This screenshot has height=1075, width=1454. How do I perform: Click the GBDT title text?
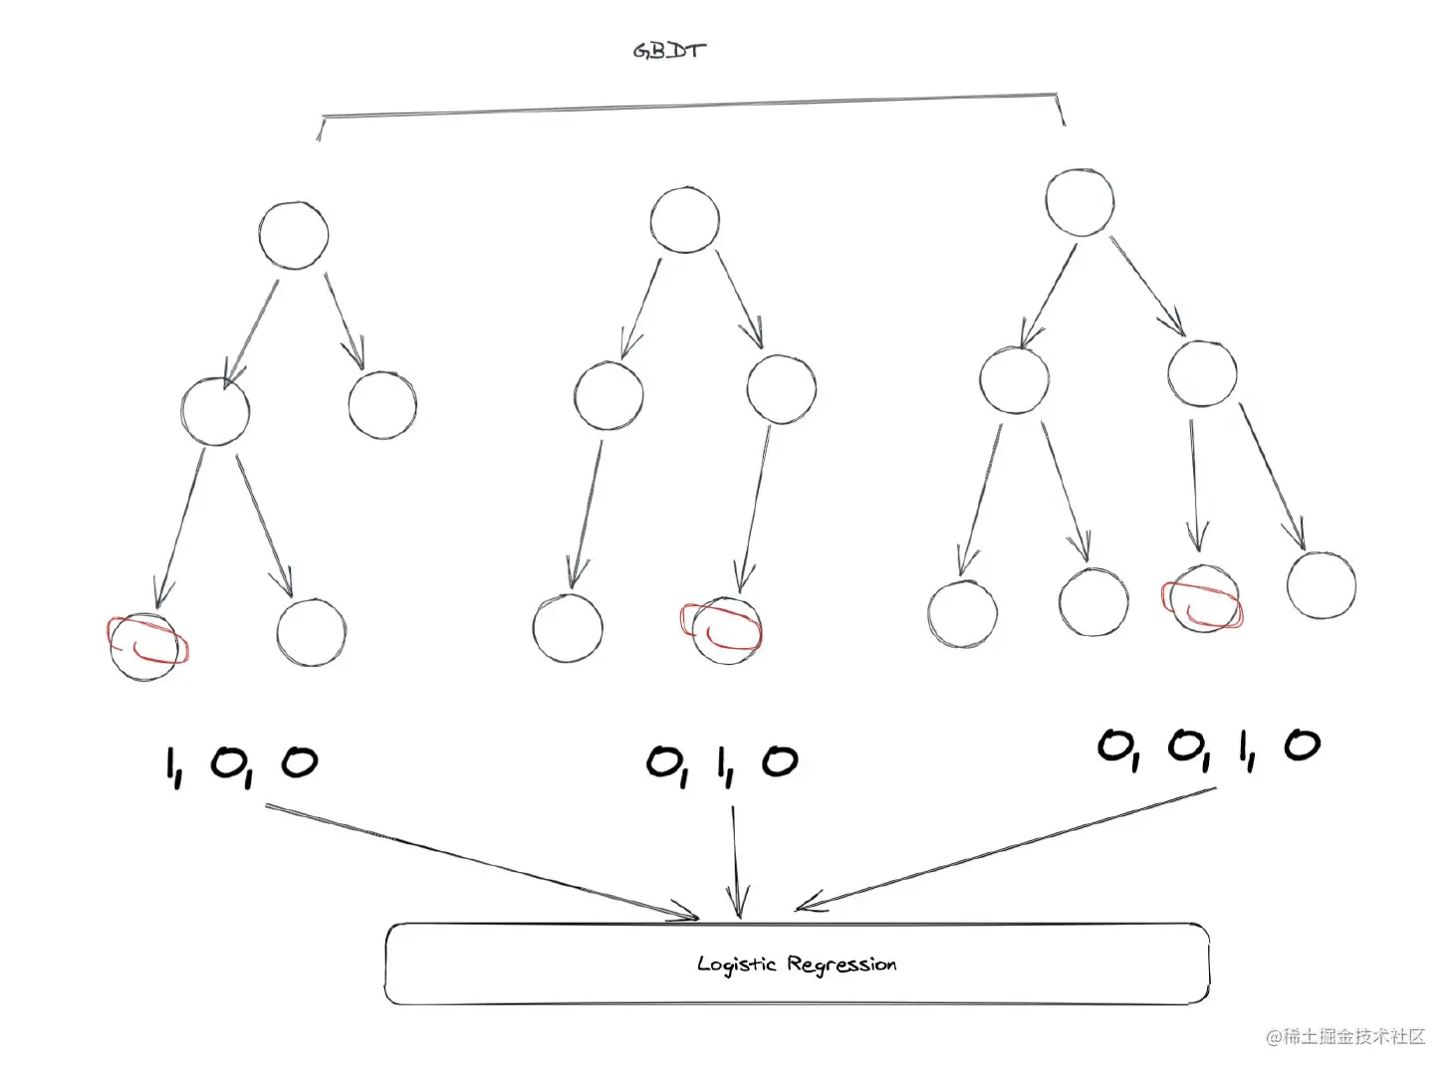(x=669, y=50)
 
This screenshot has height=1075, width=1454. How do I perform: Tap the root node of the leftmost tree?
(x=293, y=235)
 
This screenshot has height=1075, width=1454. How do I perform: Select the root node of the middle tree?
(x=684, y=219)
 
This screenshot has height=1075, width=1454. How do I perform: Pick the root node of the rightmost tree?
(x=1080, y=202)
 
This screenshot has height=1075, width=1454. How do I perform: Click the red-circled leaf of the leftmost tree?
(x=146, y=647)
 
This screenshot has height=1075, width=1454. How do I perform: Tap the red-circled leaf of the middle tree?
(x=726, y=630)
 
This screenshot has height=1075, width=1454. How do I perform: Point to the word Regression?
(x=842, y=964)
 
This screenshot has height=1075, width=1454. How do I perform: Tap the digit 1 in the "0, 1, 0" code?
(x=723, y=763)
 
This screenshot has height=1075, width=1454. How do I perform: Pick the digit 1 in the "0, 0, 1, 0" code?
(x=1245, y=749)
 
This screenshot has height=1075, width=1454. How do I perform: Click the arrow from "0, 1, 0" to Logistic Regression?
(x=735, y=861)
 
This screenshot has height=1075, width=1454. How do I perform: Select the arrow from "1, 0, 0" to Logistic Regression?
(x=478, y=861)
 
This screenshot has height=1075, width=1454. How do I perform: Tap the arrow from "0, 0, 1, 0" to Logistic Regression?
(x=1006, y=848)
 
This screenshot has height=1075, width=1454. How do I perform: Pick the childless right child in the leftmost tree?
(x=382, y=405)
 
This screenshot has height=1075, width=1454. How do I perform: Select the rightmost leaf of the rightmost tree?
(x=1321, y=585)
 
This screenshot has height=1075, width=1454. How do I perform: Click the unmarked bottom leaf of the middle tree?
(x=568, y=629)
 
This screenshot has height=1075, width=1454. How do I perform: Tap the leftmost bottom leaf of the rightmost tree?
(x=962, y=614)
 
